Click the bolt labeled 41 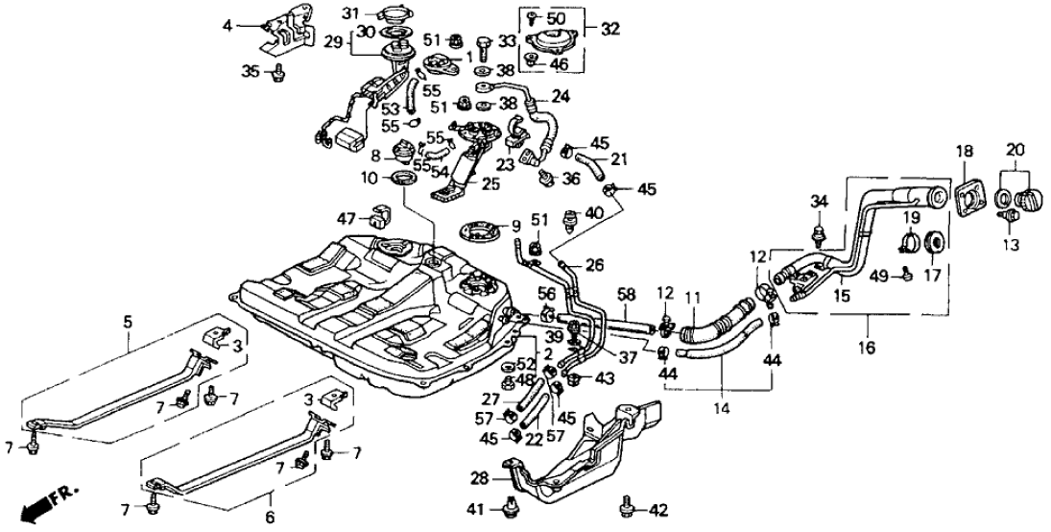click(x=508, y=506)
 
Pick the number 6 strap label click(x=270, y=498)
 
